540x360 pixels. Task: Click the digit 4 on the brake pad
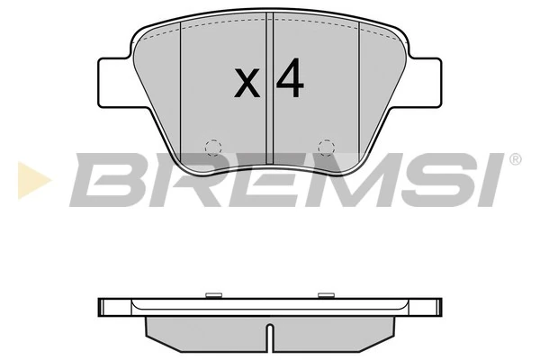[290, 80]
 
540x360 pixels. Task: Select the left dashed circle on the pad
[212, 147]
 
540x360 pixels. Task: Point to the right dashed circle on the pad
[328, 147]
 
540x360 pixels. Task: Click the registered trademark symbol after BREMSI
[515, 159]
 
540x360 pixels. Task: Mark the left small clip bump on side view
[214, 293]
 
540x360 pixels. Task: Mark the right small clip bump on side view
[326, 293]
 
